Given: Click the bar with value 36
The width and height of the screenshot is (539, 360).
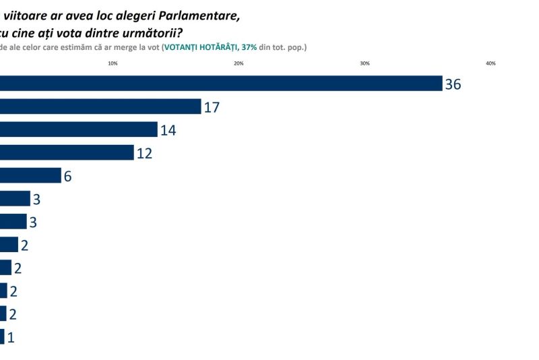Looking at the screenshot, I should (221, 84).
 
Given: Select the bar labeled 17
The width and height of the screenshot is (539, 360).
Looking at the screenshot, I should (101, 107).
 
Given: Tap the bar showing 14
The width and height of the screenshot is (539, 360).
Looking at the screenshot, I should (79, 129).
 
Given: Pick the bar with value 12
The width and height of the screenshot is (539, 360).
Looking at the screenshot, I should (67, 152).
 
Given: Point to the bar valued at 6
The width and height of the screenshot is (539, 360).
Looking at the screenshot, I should (30, 176).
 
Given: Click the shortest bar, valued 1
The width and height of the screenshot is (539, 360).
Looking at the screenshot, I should (2, 336).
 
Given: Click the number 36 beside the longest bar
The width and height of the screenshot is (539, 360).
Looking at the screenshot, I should (453, 84).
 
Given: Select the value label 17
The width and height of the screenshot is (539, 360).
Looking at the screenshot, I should (212, 107).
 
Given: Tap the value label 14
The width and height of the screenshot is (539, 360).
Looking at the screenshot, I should (168, 130).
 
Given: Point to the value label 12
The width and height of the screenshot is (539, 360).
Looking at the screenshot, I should (144, 153).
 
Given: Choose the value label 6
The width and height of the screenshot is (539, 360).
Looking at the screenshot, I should (67, 177).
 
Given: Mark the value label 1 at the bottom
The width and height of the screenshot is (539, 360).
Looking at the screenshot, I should (10, 337).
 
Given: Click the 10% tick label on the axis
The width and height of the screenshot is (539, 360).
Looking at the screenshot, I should (113, 63).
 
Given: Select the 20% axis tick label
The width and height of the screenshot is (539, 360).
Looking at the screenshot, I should (239, 63).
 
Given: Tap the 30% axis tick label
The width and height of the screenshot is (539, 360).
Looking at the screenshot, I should (364, 63).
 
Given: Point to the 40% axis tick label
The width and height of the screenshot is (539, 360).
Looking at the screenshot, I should (490, 63).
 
